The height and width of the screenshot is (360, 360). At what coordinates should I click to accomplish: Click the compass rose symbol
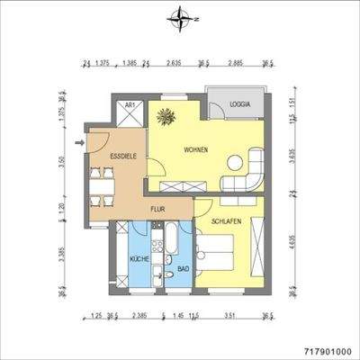[181, 16]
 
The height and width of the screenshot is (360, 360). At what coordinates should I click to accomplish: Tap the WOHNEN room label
[196, 149]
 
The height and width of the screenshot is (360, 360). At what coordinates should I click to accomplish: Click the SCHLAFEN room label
[225, 221]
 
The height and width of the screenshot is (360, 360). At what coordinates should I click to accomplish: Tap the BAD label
[182, 268]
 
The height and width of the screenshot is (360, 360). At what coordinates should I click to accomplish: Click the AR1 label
[130, 105]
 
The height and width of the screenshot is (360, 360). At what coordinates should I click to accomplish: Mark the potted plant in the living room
[165, 115]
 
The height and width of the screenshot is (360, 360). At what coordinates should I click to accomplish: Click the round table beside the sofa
[238, 164]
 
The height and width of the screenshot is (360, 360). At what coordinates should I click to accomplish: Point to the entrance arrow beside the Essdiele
[79, 141]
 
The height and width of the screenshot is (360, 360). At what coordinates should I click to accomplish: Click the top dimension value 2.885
[236, 65]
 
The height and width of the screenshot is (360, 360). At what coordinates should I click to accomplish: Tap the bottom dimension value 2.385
[139, 316]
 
